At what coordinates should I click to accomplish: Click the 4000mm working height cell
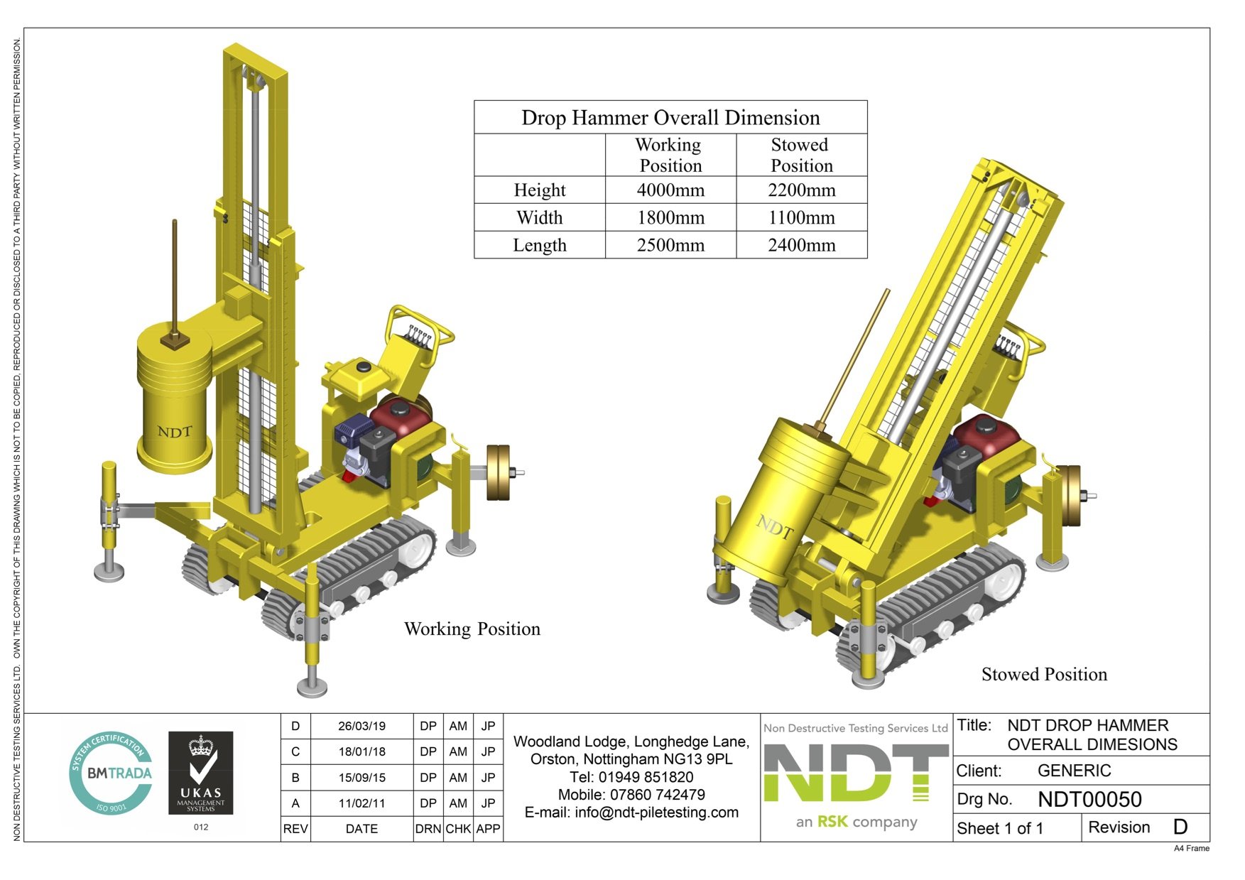[x=670, y=190]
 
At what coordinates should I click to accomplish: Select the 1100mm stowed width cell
[x=801, y=218]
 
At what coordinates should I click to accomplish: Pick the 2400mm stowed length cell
[x=801, y=246]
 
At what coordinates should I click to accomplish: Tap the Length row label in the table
[x=540, y=246]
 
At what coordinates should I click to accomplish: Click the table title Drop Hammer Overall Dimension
[x=670, y=118]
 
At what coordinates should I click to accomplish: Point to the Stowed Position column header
[x=801, y=155]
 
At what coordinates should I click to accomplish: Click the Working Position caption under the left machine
[x=472, y=629]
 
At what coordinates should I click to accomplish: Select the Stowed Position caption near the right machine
[x=1043, y=675]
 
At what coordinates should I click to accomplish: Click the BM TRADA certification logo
[x=112, y=773]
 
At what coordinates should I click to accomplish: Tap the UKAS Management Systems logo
[x=201, y=774]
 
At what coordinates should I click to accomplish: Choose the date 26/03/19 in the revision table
[x=361, y=727]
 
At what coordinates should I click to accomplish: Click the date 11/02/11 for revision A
[x=361, y=803]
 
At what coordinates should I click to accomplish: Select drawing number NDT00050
[x=1089, y=800]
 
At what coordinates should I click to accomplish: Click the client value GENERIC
[x=1073, y=771]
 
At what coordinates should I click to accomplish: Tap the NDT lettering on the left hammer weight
[x=175, y=432]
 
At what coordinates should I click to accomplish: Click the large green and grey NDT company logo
[x=856, y=775]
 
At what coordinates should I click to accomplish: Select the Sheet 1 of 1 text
[x=999, y=829]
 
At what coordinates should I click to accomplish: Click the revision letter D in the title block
[x=1180, y=827]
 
